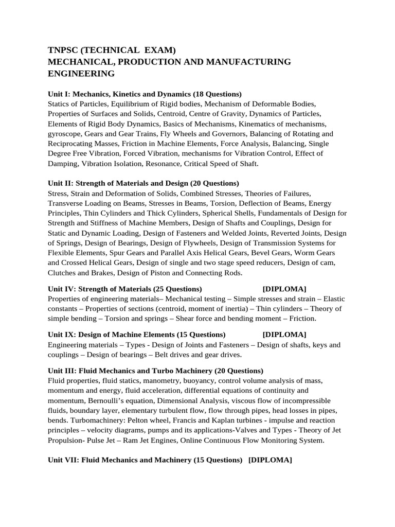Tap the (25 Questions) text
click(x=177, y=289)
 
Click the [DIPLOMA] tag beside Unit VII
click(x=270, y=460)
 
